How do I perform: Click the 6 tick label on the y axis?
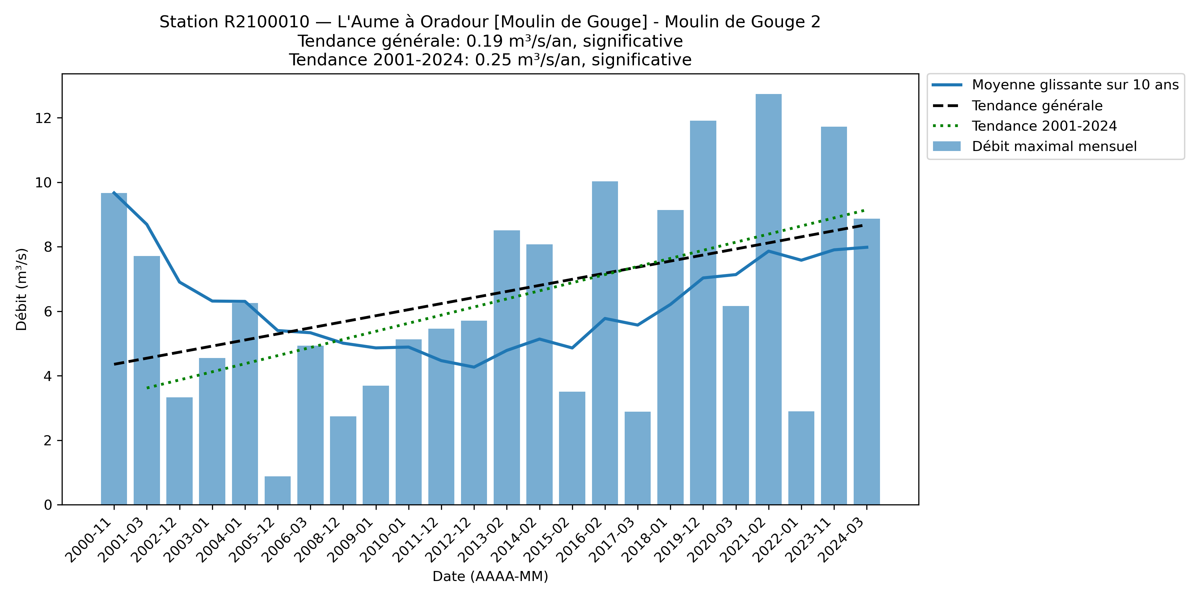point(48,312)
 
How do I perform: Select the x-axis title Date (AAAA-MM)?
point(490,576)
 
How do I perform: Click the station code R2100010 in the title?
point(266,22)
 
